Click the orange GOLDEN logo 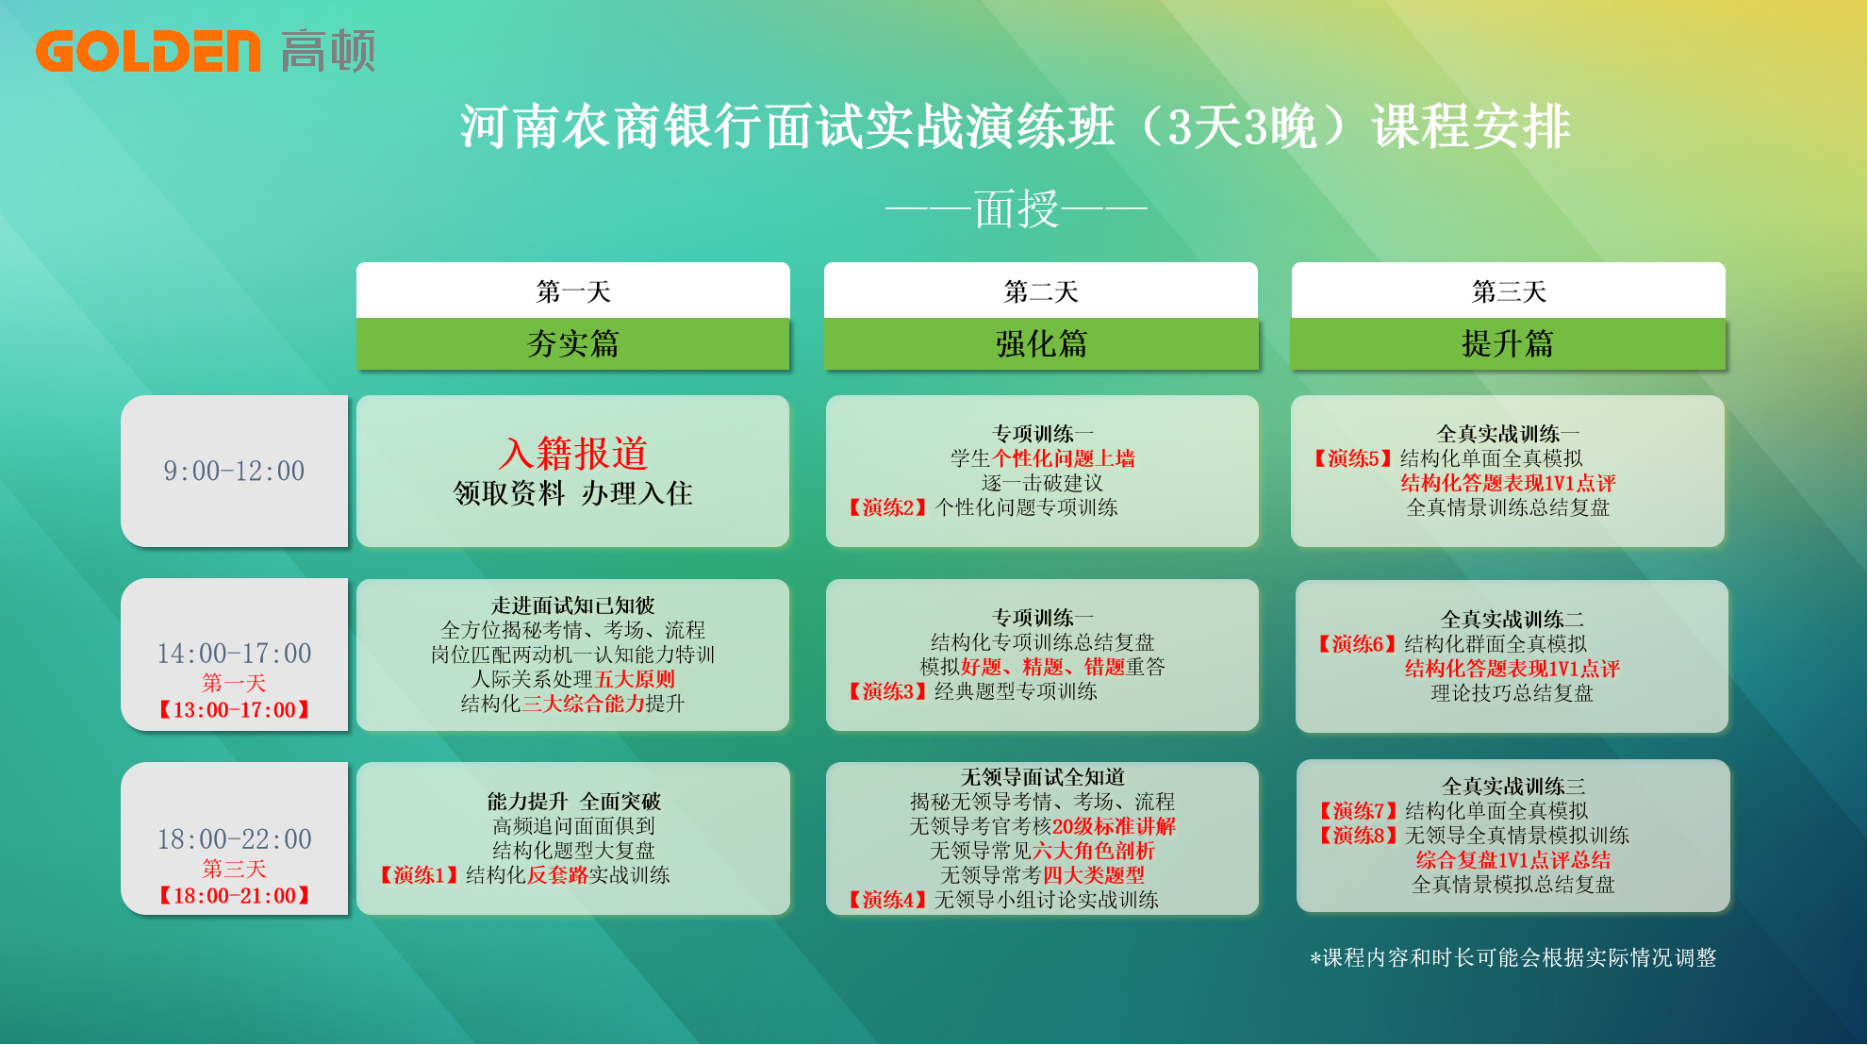click(147, 51)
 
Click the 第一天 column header click(573, 291)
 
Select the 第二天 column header click(1041, 291)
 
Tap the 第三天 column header click(1509, 291)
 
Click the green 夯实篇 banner click(573, 344)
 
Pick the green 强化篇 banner click(1041, 344)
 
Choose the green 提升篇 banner click(1509, 344)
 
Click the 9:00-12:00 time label click(234, 471)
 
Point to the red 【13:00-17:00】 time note click(234, 709)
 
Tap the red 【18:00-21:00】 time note click(234, 895)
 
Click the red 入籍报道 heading click(573, 454)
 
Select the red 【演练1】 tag click(420, 875)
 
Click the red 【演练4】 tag click(888, 900)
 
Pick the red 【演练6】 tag click(1359, 644)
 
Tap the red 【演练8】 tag click(1359, 836)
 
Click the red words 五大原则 click(635, 679)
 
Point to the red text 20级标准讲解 click(1114, 826)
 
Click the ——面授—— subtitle click(1017, 208)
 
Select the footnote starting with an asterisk click(1513, 958)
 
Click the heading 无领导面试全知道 click(1042, 777)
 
